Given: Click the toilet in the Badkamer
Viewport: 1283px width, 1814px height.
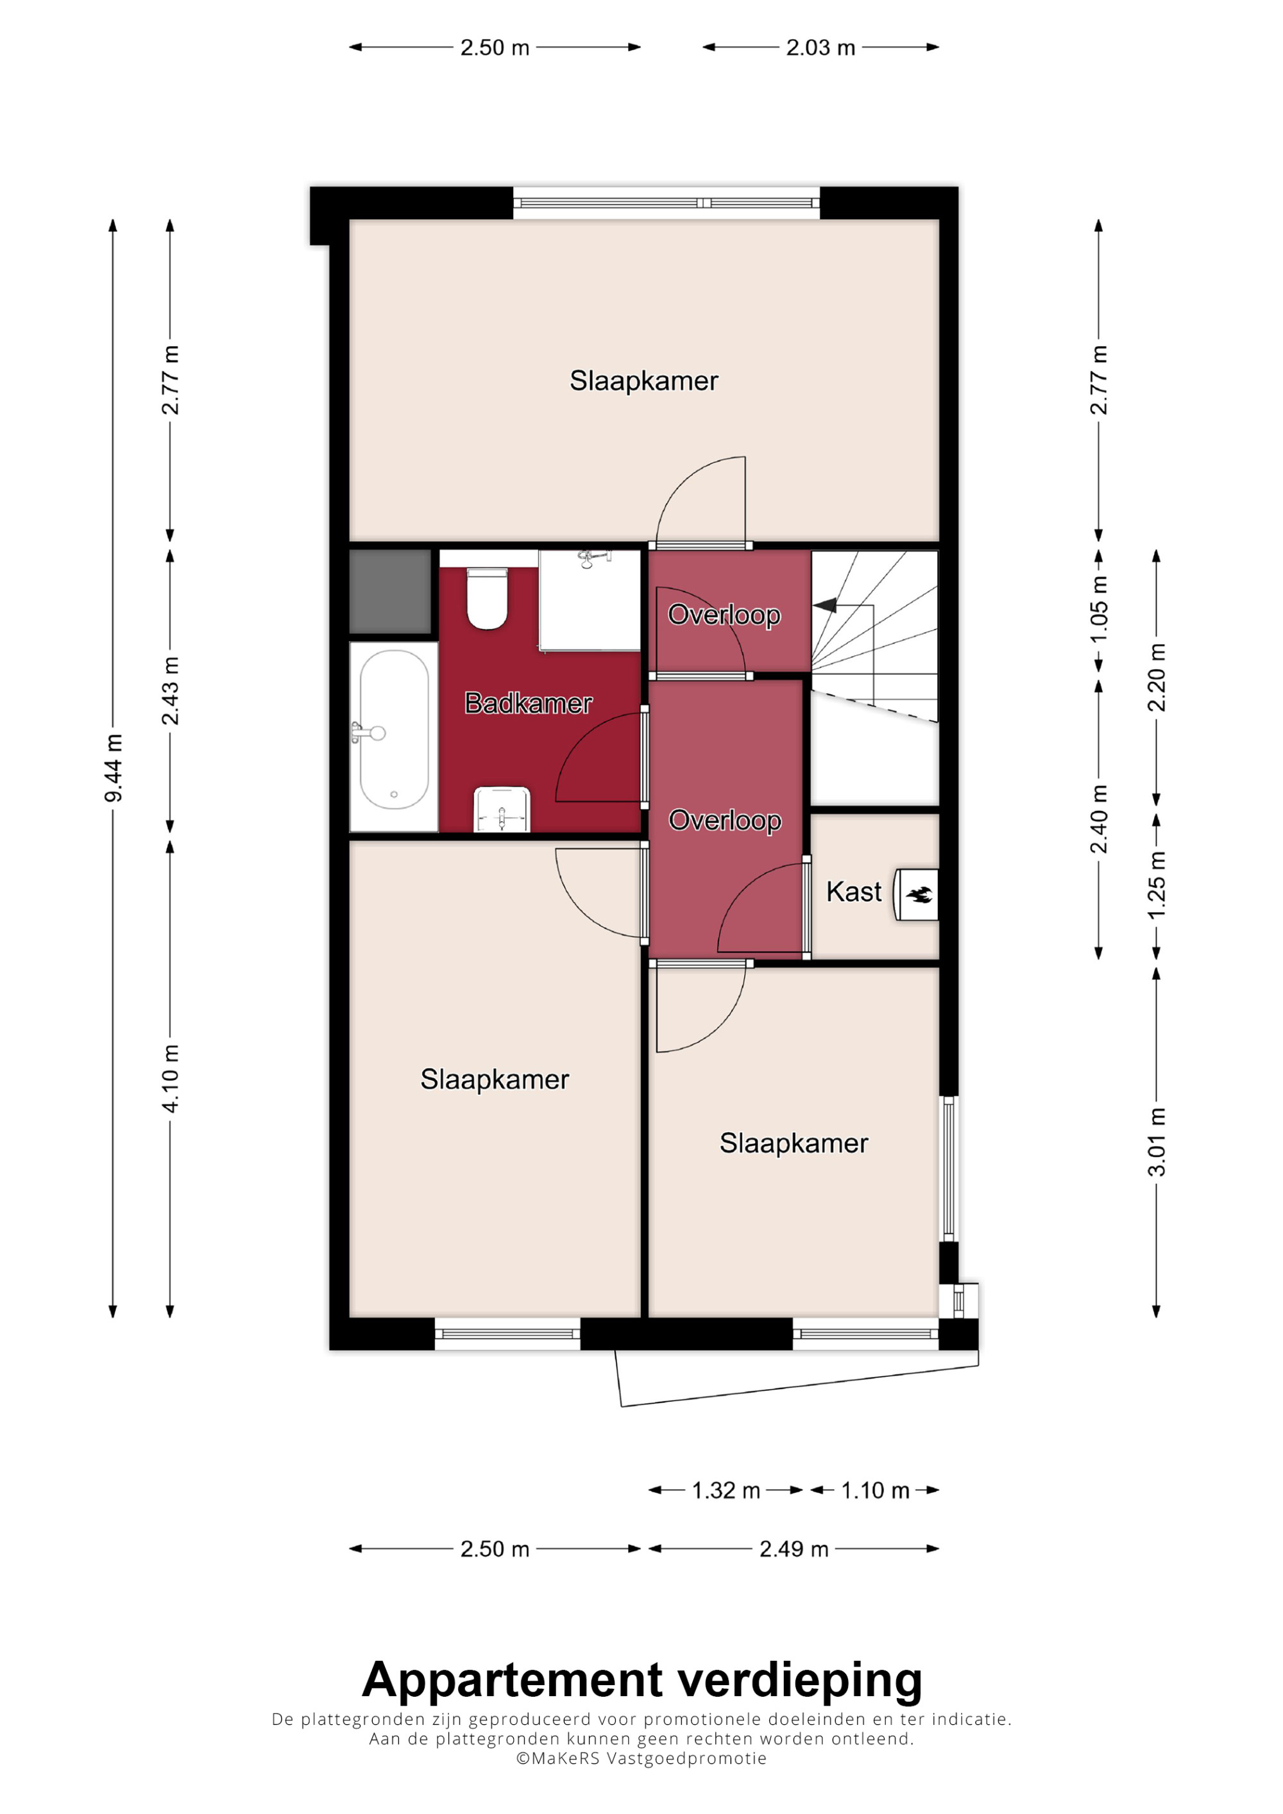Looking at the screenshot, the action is click(487, 598).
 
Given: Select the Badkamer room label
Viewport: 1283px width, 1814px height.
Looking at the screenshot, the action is click(528, 703).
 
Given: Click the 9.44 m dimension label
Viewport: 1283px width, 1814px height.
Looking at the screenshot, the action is click(114, 767).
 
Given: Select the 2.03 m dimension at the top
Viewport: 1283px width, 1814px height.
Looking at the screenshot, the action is click(820, 47).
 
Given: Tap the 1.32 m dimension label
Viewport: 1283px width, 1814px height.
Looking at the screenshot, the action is click(726, 1490).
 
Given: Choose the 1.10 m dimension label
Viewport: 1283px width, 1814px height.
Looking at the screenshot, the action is click(875, 1490).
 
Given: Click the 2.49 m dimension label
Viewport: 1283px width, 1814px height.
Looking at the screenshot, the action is click(794, 1549).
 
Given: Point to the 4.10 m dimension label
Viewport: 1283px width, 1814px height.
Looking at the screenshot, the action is click(171, 1078).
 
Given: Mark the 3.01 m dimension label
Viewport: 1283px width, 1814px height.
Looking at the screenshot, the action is click(1157, 1142).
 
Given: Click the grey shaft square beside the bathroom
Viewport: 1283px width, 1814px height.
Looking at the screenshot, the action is click(391, 591).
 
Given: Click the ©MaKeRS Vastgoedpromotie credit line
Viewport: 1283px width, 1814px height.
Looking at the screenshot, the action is click(641, 1758).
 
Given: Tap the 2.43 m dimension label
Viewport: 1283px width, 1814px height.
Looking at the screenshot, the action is click(171, 690).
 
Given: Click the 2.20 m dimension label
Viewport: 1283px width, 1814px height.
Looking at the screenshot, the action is click(1157, 677).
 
